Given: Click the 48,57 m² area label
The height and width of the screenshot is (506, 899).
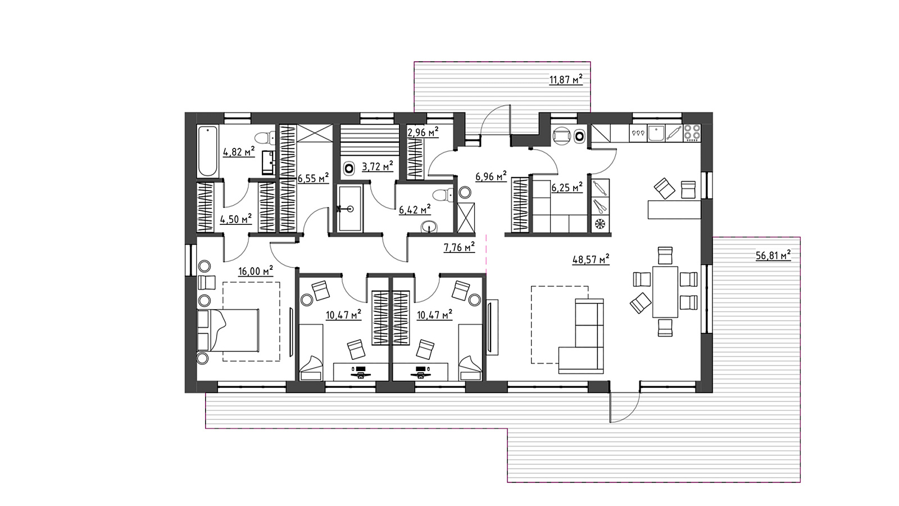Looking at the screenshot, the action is click(x=591, y=259).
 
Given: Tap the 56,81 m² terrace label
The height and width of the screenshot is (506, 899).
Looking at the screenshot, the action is click(x=773, y=255).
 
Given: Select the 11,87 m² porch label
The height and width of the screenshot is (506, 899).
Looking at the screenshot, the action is click(x=566, y=79).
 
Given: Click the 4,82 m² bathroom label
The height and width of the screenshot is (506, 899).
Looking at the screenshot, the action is click(x=239, y=152).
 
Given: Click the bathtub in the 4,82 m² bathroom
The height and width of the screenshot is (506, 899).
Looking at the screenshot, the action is click(x=208, y=151).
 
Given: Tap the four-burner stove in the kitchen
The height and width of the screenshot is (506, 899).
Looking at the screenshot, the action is click(x=692, y=133).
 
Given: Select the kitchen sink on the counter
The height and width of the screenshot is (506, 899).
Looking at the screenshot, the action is click(x=656, y=133).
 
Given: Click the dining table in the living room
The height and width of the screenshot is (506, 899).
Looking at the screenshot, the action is click(x=665, y=292).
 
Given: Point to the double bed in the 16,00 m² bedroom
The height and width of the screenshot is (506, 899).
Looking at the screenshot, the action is click(x=228, y=330).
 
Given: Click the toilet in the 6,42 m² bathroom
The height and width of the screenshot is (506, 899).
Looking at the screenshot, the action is click(x=443, y=195).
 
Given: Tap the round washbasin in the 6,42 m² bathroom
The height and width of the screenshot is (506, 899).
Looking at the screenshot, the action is click(x=429, y=227).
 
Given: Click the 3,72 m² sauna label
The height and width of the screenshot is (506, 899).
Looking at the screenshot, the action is click(x=377, y=166).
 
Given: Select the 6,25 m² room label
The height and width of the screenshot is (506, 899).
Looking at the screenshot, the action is click(x=567, y=187).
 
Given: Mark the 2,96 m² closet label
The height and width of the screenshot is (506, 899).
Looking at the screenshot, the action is click(x=423, y=132).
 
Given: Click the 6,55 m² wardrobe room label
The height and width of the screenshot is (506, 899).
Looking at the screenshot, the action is click(x=313, y=178).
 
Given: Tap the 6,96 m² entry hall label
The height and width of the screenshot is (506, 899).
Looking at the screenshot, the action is click(x=491, y=177).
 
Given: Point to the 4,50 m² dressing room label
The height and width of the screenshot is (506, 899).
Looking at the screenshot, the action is click(x=235, y=219).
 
